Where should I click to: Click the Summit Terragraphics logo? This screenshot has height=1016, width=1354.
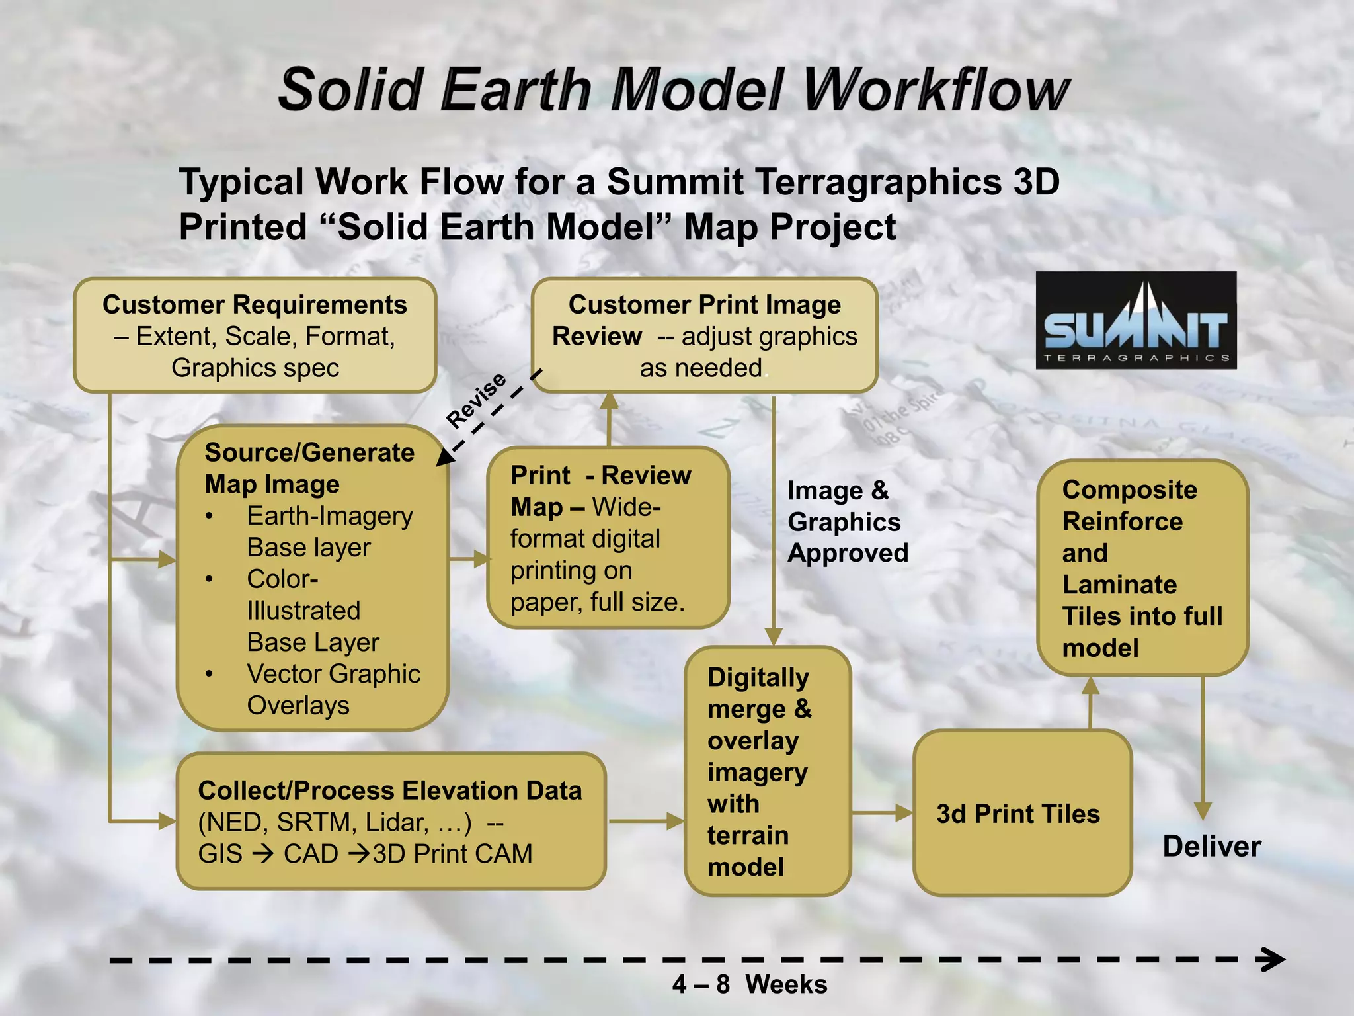[x=1135, y=320]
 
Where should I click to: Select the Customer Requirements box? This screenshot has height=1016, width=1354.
[x=255, y=335]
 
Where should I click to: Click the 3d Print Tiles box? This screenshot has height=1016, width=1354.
[x=1021, y=813]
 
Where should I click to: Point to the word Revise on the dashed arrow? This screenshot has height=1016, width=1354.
[x=476, y=399]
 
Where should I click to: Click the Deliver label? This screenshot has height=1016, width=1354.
[x=1211, y=847]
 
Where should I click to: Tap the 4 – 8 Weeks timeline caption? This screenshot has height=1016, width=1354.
[x=749, y=984]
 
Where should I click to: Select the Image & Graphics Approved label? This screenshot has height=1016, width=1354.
[x=847, y=521]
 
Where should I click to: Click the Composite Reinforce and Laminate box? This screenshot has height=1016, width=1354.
[x=1142, y=568]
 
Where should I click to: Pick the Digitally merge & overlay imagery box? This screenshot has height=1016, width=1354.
[x=767, y=771]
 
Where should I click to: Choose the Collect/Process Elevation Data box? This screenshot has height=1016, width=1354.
[x=391, y=821]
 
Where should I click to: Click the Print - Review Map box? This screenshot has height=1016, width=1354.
[x=608, y=537]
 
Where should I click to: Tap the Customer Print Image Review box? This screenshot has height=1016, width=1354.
[x=704, y=335]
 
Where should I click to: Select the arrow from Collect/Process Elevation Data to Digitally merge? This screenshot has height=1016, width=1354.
[x=645, y=821]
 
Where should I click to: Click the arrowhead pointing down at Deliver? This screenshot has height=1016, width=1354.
[x=1203, y=810]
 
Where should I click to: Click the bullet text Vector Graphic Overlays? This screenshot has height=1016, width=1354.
[x=333, y=689]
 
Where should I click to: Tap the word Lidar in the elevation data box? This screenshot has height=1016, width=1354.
[x=396, y=822]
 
